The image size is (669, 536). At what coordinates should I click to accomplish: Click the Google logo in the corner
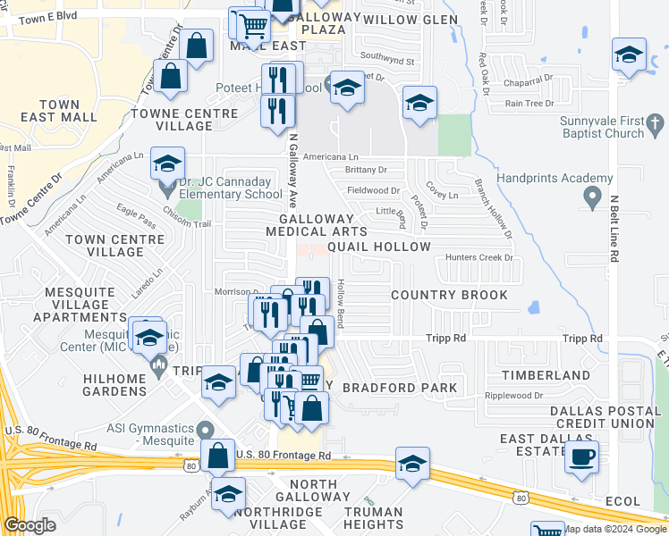pyautogui.click(x=30, y=525)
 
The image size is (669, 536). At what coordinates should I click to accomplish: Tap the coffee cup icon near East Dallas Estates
pyautogui.click(x=582, y=456)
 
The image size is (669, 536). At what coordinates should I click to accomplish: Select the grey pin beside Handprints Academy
pyautogui.click(x=591, y=197)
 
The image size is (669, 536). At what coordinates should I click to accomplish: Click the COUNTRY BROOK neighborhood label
pyautogui.click(x=450, y=295)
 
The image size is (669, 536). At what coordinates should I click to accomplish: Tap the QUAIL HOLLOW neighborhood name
pyautogui.click(x=379, y=247)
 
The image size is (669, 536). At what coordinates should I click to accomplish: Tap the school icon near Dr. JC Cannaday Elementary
pyautogui.click(x=167, y=163)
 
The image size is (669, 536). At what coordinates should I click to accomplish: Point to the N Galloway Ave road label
pyautogui.click(x=292, y=171)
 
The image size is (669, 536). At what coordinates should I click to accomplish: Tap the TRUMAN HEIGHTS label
pyautogui.click(x=375, y=518)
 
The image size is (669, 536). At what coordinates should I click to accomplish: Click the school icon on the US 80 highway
pyautogui.click(x=412, y=464)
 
